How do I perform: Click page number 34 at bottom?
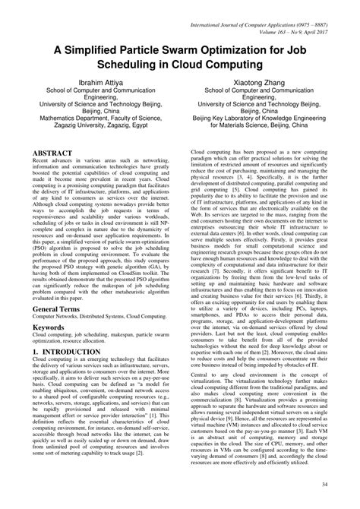click(x=325, y=485)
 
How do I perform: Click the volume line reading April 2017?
click(x=291, y=14)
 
